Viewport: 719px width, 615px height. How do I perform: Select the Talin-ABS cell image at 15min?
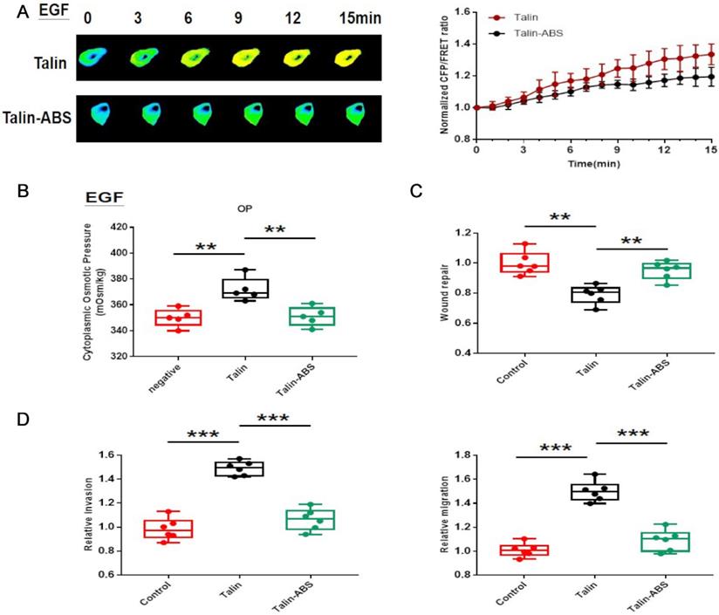coord(354,115)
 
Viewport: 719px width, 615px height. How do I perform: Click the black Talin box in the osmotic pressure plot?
coord(232,288)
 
